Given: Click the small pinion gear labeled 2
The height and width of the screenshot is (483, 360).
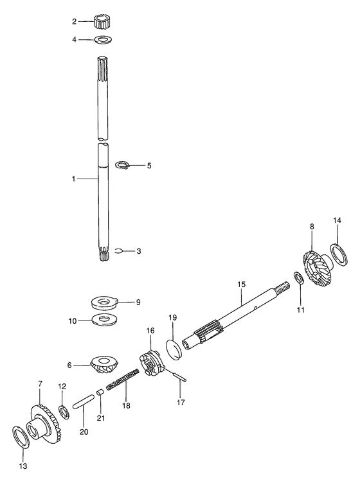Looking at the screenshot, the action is coord(101,22).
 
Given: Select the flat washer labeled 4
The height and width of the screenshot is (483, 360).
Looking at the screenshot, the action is coord(104,40).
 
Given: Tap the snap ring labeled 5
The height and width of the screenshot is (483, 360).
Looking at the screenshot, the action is coord(123,165).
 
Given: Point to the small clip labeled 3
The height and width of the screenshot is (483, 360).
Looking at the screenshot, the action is coord(119,251).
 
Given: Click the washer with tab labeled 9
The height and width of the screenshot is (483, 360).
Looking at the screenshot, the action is coord(105,302).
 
